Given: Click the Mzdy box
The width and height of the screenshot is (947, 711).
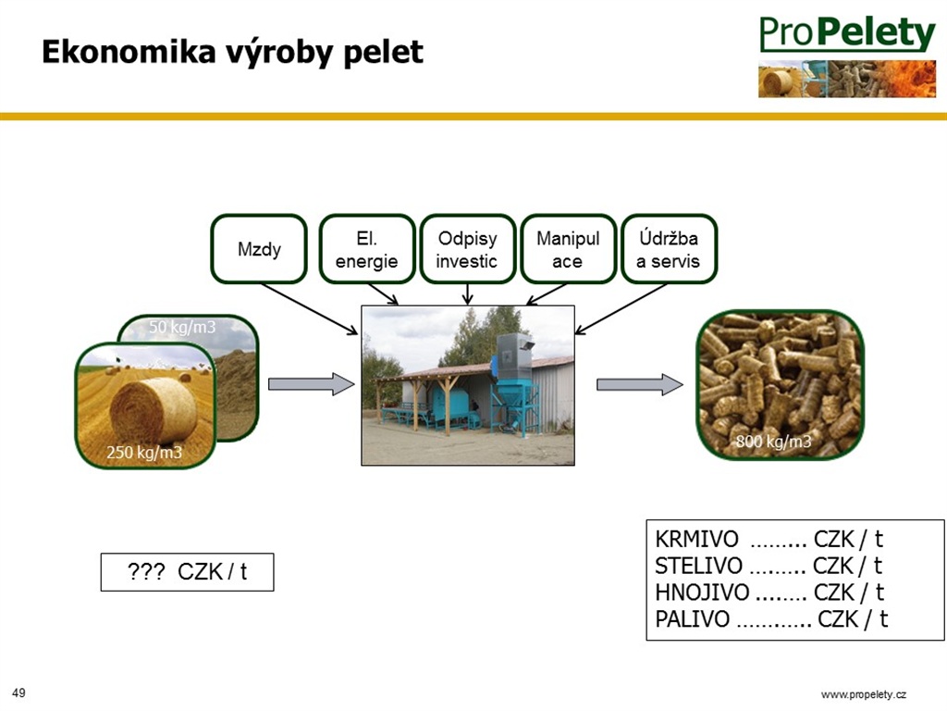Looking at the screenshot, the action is click(259, 248).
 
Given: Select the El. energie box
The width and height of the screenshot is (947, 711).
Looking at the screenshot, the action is click(366, 248).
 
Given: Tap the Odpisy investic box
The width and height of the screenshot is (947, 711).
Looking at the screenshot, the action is click(467, 248).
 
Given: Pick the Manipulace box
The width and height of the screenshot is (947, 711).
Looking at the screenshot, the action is click(569, 248).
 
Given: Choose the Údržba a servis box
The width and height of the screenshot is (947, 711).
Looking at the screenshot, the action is click(669, 248).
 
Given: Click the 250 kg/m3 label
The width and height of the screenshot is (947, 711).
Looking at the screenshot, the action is click(144, 452).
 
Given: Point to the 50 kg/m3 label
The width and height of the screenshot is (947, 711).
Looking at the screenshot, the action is click(182, 327).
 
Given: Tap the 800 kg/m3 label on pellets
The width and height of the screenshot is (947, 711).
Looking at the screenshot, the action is click(773, 442).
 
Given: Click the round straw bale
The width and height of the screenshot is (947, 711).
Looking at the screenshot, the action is click(154, 410).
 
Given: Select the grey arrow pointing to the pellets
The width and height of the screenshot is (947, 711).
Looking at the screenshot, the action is click(640, 384).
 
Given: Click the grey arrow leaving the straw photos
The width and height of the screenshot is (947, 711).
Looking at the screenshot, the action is click(311, 384).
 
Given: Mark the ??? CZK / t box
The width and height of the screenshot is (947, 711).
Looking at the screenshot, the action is click(187, 572).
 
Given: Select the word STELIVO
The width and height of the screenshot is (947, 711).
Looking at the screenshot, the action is click(699, 566).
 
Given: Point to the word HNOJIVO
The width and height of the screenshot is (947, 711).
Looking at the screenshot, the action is click(703, 592).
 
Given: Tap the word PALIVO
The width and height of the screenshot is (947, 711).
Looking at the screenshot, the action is click(693, 619).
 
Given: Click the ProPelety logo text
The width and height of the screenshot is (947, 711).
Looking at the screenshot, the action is click(847, 33).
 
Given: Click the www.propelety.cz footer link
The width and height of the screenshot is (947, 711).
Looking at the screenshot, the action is click(864, 694).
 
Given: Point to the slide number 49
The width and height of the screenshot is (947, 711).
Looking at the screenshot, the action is click(18, 692).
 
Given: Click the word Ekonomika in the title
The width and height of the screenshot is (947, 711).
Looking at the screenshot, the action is click(129, 52).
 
